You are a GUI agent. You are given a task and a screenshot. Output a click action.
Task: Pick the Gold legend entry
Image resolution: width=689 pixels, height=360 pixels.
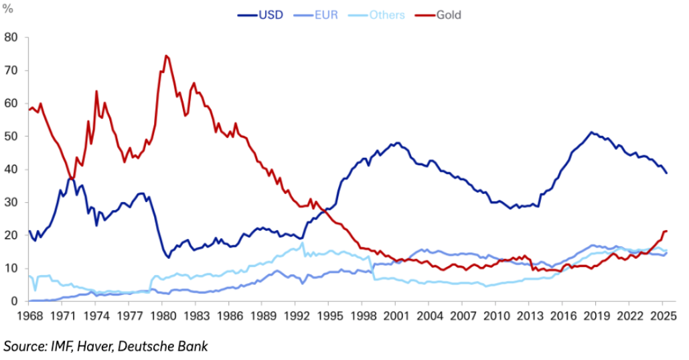[448, 15]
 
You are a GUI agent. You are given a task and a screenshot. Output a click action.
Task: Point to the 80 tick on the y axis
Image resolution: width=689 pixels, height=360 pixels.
[11, 37]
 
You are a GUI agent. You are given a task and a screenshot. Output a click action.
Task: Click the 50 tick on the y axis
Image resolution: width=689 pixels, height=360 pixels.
[11, 137]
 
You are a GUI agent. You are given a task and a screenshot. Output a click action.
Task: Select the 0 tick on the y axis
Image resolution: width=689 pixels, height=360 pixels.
[13, 302]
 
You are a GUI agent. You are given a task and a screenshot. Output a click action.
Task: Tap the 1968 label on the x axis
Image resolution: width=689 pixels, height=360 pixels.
[30, 314]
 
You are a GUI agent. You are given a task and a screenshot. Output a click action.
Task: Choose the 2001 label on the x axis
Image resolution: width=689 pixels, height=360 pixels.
[396, 314]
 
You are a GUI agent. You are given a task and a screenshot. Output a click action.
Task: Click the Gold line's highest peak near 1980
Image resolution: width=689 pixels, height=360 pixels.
[165, 56]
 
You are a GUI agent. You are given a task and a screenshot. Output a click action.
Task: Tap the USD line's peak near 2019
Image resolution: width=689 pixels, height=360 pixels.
[591, 132]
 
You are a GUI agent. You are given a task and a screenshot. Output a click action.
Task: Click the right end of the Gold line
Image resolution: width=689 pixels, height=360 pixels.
[667, 231]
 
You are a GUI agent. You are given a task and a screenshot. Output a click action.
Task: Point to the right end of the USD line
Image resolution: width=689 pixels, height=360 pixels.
[667, 173]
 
